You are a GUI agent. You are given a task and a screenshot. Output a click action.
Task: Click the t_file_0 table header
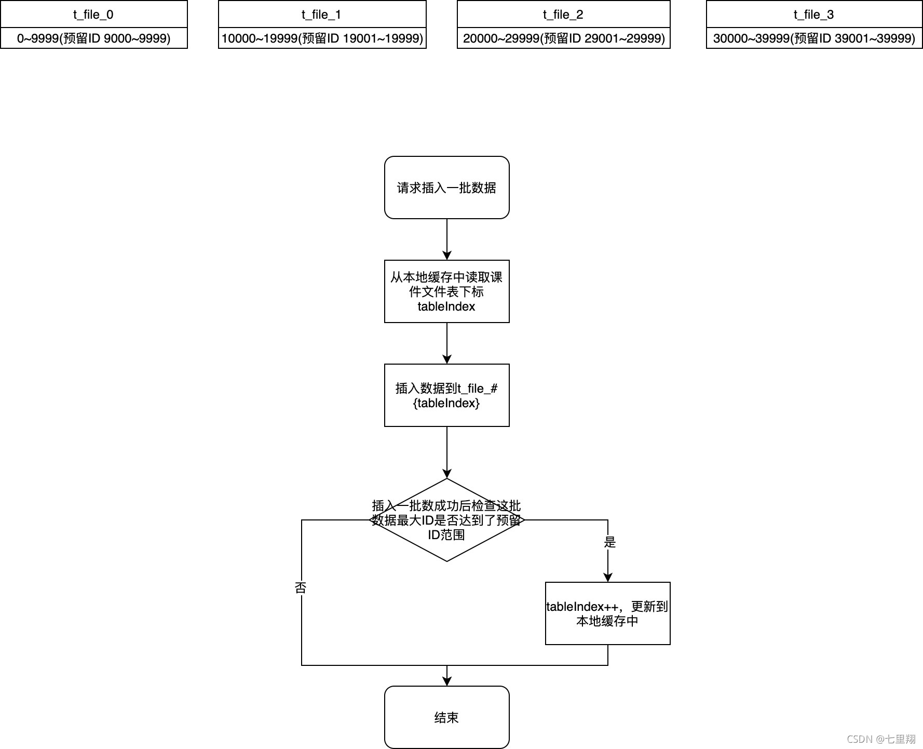[x=93, y=14]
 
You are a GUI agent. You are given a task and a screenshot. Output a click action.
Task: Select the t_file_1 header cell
[x=322, y=14]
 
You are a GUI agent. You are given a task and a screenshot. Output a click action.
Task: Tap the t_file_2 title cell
[x=563, y=14]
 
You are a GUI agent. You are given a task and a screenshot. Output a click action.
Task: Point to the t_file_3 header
[x=814, y=14]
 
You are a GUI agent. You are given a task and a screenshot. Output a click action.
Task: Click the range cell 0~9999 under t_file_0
[x=93, y=38]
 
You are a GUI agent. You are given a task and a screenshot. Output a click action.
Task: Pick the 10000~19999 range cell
[x=322, y=38]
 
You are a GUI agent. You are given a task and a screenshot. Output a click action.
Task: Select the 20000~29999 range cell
[x=563, y=38]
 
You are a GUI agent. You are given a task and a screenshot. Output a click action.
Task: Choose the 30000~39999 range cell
[x=814, y=38]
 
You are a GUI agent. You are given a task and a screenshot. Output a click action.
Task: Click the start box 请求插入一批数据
[x=446, y=188]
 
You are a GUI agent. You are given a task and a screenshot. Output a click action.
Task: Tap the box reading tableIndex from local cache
[x=446, y=291]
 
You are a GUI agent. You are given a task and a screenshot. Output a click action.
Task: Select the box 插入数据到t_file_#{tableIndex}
[x=446, y=395]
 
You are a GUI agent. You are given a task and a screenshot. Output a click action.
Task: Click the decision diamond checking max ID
[x=446, y=520]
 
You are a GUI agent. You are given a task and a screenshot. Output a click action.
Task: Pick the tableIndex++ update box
[x=607, y=613]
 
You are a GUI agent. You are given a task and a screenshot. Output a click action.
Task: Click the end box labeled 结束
[x=446, y=717]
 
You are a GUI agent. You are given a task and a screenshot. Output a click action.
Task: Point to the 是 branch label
[x=610, y=542]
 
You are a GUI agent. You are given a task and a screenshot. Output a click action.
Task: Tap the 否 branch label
[x=301, y=587]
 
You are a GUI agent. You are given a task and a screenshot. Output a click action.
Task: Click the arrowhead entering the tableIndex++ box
[x=608, y=577]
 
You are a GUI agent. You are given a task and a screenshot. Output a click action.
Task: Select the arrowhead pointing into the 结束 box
[x=447, y=681]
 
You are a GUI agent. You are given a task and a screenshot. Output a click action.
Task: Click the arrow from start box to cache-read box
[x=447, y=239]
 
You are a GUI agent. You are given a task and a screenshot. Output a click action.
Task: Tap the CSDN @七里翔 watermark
[x=881, y=739]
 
